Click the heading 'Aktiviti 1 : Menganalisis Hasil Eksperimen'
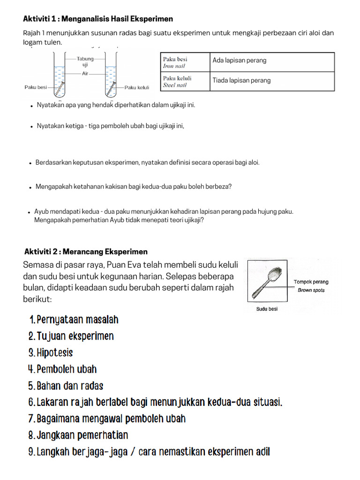coord(98,19)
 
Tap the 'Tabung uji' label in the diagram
coord(85,62)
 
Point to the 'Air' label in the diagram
coord(85,74)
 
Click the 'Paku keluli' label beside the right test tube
coord(137,87)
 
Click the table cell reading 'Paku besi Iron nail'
coord(184,62)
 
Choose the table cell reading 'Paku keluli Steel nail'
coord(184,82)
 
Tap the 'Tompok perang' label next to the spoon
coord(311,282)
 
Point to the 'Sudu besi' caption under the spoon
coord(267,309)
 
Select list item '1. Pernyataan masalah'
coord(74,320)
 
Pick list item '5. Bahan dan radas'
coord(66,386)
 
